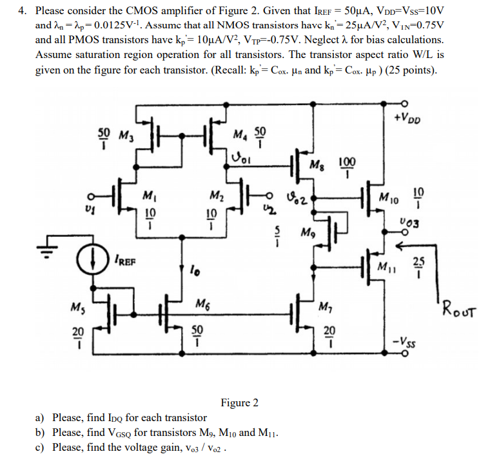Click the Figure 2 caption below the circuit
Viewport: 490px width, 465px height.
click(x=239, y=403)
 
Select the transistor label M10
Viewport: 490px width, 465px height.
click(x=389, y=195)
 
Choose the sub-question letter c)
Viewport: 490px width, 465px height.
click(x=40, y=447)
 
